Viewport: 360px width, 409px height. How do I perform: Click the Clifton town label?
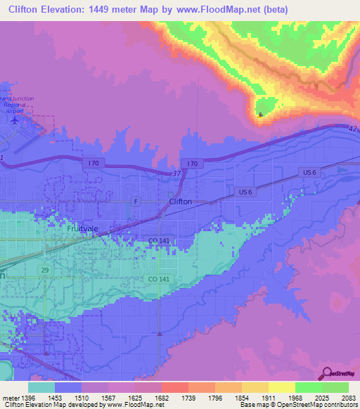tap(180, 201)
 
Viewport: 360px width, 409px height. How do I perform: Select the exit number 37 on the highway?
tap(176, 173)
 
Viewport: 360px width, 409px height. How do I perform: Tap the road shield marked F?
tap(137, 201)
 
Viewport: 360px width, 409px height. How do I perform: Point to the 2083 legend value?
tap(339, 398)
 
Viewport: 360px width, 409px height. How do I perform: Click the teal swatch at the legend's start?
tap(41, 387)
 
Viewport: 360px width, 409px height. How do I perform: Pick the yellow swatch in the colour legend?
tap(281, 387)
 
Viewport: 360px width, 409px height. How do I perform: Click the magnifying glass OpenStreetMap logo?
tap(326, 373)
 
